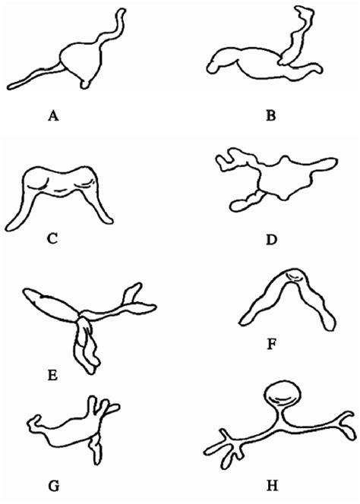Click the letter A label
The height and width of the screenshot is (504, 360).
coord(52,116)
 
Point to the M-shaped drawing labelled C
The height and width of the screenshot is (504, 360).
coord(65,190)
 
